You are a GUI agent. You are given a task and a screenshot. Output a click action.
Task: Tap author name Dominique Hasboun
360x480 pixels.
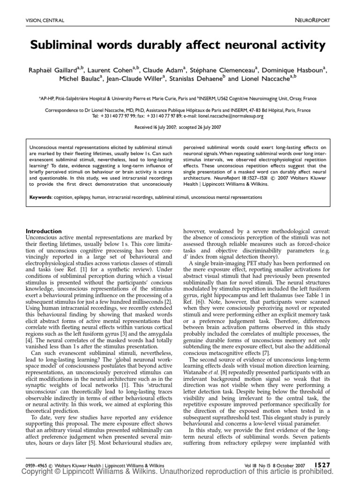point(293,70)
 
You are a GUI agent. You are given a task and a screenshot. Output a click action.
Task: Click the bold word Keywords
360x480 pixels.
point(38,198)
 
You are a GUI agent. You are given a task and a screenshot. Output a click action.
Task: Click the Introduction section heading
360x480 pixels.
point(43,231)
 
